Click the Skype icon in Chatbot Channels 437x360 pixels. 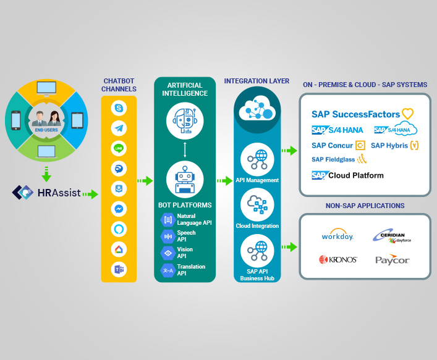[119, 109]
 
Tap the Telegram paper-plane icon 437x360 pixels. [119, 128]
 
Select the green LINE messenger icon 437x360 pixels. [119, 149]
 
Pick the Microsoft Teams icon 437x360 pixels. [119, 269]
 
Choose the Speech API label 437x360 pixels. [186, 236]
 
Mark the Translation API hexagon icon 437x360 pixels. [167, 270]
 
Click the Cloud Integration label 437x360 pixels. [257, 227]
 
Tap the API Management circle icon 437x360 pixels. [257, 159]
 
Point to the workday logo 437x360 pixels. [337, 236]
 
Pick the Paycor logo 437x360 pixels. [392, 260]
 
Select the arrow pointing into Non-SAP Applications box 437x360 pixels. [288, 247]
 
